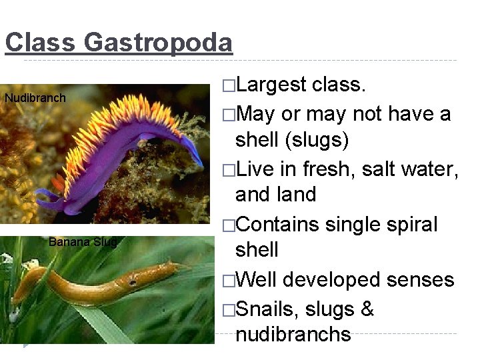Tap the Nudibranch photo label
tap(35, 99)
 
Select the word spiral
tap(409, 224)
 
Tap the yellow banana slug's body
tap(100, 281)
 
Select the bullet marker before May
tap(229, 114)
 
